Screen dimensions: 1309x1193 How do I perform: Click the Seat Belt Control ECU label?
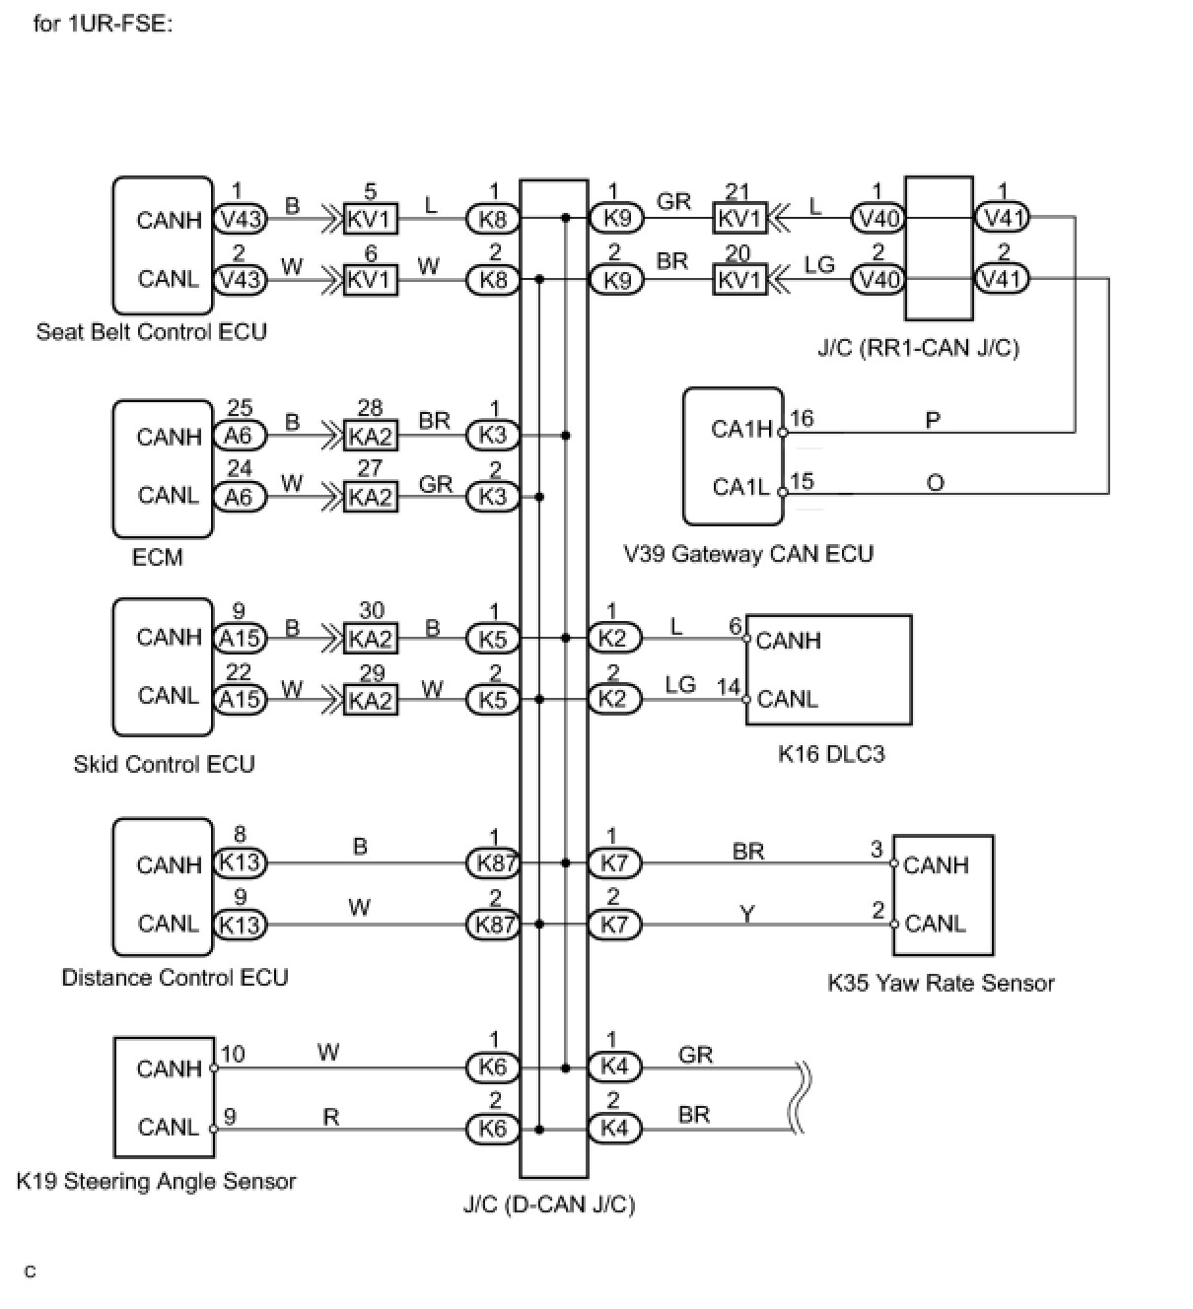point(151,332)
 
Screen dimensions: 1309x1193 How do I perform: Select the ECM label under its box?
point(158,558)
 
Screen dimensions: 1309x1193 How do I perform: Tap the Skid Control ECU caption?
point(164,765)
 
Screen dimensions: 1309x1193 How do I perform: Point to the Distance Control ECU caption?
point(175,978)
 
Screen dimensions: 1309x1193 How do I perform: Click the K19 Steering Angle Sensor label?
point(156,1182)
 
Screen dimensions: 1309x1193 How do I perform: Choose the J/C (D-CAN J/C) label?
point(549,1205)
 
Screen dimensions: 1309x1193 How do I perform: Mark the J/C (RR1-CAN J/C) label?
point(918,348)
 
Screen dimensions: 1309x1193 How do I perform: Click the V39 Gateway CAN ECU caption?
point(748,554)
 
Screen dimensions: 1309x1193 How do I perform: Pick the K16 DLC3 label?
point(831,754)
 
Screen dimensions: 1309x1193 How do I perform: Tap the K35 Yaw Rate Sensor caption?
point(941,983)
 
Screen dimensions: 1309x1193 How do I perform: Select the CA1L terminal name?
point(740,487)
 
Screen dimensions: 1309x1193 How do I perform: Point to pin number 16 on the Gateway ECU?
point(802,419)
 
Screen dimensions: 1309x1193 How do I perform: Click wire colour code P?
point(933,421)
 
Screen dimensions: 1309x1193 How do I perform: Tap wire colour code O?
point(935,482)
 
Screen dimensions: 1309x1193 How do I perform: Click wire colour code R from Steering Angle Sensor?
point(331,1117)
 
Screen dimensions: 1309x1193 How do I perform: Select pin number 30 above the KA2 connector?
point(371,611)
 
